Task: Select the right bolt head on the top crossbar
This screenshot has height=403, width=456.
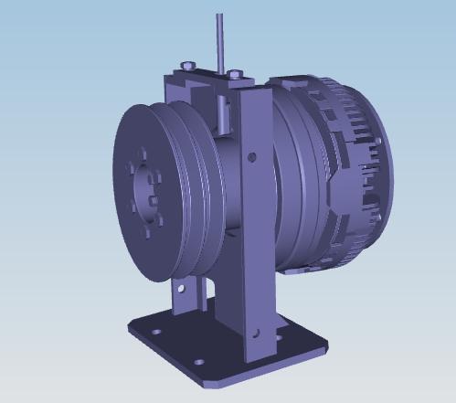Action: [x=235, y=73]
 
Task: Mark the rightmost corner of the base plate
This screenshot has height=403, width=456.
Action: [x=324, y=345]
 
